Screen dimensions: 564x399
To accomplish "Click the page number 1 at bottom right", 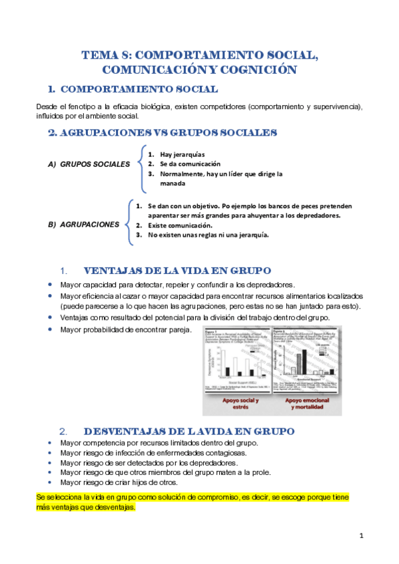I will [x=360, y=535].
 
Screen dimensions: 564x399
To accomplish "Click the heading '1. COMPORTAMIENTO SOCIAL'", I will [x=133, y=89].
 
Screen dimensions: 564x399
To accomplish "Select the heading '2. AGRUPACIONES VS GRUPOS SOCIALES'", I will [x=163, y=132].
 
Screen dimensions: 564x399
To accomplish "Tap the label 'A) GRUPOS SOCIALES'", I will [x=89, y=164].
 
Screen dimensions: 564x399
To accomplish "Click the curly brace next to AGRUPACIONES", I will [x=127, y=220].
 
